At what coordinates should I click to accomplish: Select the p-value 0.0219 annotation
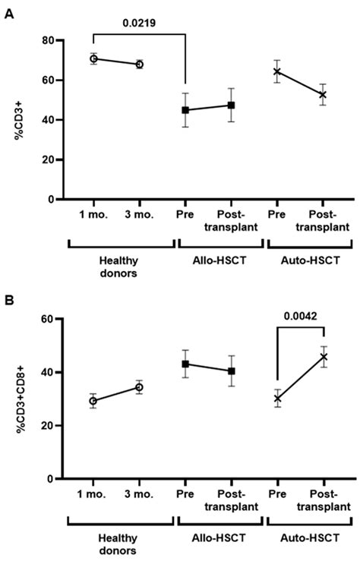pos(139,24)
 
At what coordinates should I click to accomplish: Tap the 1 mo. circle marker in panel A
pos(93,58)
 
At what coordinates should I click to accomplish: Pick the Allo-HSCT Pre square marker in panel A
pos(186,110)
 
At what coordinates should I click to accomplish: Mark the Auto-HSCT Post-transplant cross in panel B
pos(324,357)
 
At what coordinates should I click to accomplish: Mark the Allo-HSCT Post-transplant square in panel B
pos(232,371)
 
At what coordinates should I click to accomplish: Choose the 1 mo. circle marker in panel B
pos(93,401)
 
